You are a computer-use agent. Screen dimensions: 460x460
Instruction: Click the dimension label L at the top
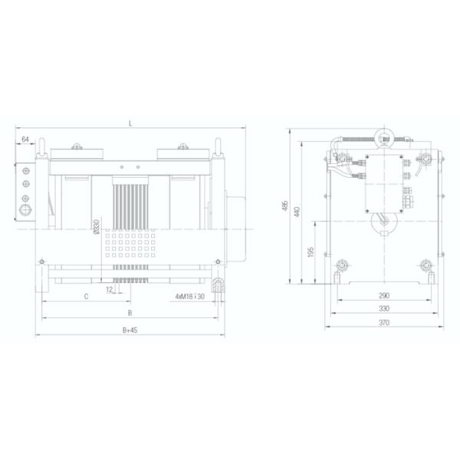130,123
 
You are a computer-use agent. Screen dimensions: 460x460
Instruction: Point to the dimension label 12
110,291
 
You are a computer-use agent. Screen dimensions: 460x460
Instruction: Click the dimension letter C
86,296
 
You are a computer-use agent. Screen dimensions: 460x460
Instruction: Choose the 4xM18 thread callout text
189,296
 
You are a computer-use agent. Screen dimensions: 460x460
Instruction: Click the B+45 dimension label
130,330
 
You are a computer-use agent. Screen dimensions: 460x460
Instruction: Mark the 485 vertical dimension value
286,206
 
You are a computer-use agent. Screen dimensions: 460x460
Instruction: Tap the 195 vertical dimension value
310,254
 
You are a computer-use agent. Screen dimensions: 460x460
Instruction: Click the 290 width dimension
384,296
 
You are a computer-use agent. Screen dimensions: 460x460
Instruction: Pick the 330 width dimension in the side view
384,309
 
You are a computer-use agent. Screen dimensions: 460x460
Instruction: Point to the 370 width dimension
384,323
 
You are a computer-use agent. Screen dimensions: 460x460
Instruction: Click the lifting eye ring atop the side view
383,138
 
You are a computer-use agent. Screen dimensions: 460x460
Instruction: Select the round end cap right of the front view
237,225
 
